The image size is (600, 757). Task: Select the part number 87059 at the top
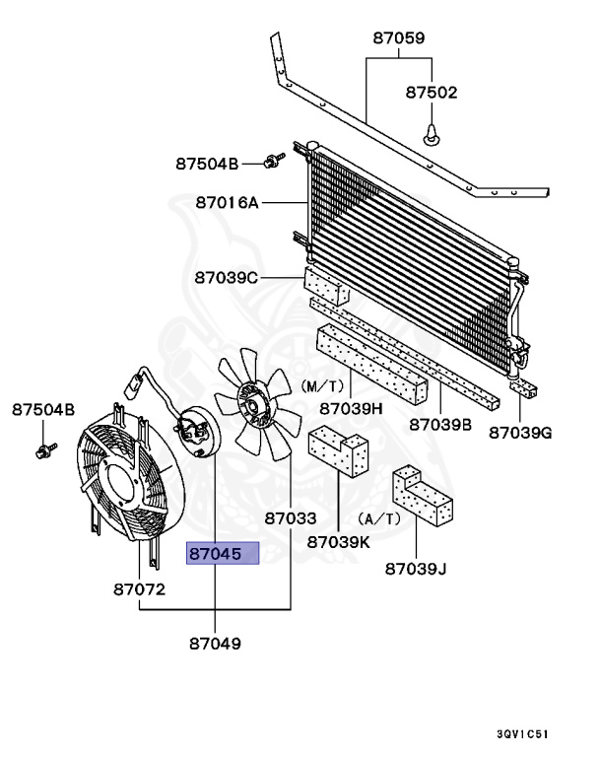coord(399,40)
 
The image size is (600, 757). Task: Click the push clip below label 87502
coord(431,131)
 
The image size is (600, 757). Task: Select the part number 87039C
coord(227,278)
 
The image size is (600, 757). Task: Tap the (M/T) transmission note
coord(322,385)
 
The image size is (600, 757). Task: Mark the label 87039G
coord(522,431)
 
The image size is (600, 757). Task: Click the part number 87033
coord(290,516)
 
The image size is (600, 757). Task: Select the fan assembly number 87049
coord(215,644)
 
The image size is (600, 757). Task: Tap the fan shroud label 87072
coord(138,589)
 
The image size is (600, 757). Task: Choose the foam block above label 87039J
coord(421,495)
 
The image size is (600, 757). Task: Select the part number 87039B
coord(440,424)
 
